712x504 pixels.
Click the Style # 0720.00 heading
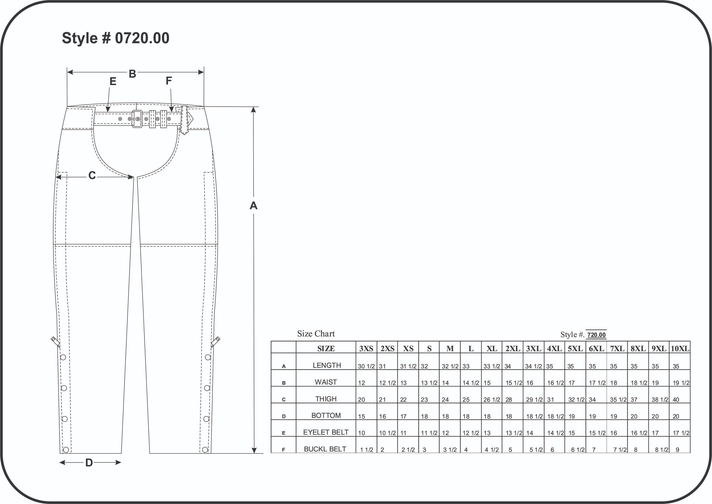point(115,38)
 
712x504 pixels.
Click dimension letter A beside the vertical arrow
point(254,206)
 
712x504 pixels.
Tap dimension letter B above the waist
point(133,74)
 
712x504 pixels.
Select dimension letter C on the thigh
point(92,176)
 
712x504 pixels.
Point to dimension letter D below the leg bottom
point(89,463)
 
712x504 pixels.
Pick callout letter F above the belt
point(169,81)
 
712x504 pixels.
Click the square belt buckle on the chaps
point(137,119)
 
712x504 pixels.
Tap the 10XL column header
point(680,349)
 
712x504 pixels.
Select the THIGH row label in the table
point(326,399)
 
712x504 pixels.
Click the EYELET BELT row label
point(326,432)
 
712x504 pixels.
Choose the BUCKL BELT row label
point(325,449)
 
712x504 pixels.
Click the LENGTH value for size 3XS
point(366,366)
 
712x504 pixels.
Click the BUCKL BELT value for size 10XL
point(678,450)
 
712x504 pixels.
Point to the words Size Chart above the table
point(316,334)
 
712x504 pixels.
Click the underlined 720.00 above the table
point(596,335)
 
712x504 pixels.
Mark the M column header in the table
point(450,349)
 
